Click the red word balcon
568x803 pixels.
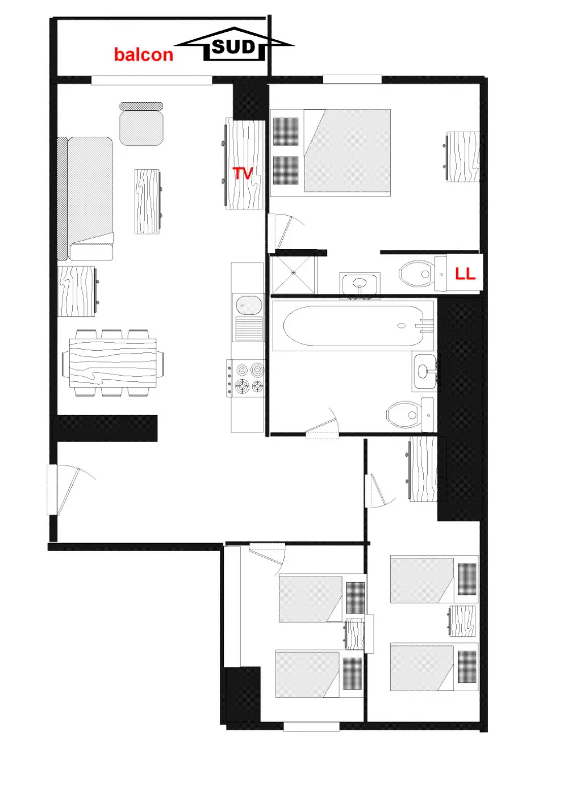(144, 54)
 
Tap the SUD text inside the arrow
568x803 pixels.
(233, 47)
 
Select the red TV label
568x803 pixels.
(243, 174)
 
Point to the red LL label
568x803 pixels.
(465, 274)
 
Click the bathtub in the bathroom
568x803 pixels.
(353, 326)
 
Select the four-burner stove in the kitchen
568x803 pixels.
(246, 378)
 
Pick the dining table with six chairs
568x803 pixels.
(112, 363)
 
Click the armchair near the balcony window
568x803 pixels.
(141, 124)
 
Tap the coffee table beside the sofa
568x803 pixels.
(148, 201)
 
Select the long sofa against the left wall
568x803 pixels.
(85, 198)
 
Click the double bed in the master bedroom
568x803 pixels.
(347, 150)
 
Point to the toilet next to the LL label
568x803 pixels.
(423, 274)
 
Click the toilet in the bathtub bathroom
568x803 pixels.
(411, 415)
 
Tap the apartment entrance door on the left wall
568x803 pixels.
(63, 490)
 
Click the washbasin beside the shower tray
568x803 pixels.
(360, 285)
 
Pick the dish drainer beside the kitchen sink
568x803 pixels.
(249, 329)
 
